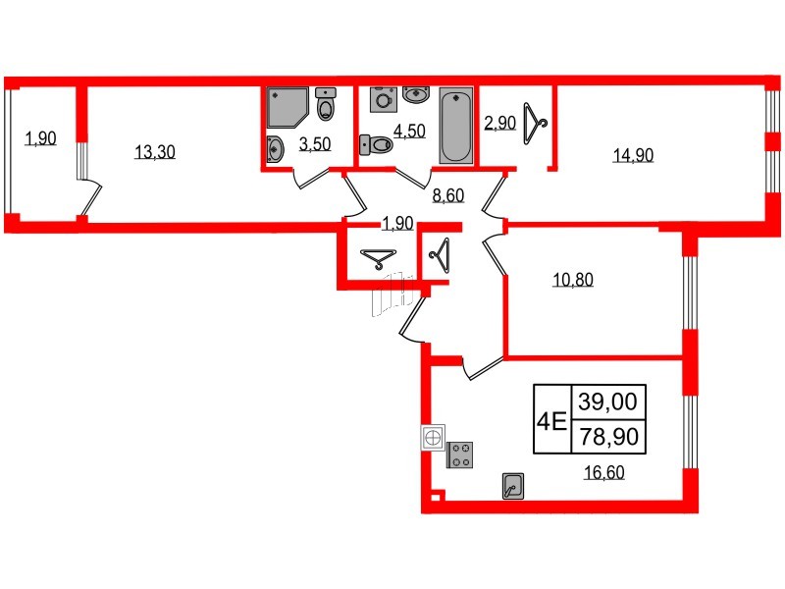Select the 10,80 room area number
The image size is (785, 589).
coord(574,280)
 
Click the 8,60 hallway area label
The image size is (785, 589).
coord(447,195)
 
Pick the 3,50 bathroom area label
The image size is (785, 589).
coord(315,145)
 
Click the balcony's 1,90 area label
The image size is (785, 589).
coord(40,138)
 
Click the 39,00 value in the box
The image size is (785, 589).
coord(607,401)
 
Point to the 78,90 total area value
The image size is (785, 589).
coord(607,436)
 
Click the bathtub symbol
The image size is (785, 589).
coord(455,126)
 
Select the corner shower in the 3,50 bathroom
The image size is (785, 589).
coord(286,108)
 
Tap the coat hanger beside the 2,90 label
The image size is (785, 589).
coord(534,121)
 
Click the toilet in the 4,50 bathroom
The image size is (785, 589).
coord(377,145)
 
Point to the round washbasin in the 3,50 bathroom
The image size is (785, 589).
coord(274,150)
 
